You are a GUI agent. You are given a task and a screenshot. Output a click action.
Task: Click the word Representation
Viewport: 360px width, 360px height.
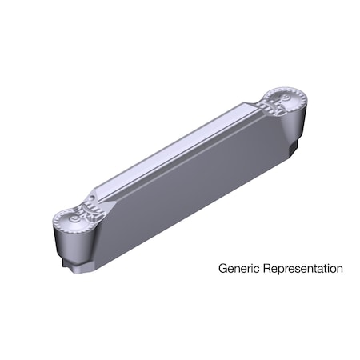(x=301, y=269)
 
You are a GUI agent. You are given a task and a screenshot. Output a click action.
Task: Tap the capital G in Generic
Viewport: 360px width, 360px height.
(x=222, y=269)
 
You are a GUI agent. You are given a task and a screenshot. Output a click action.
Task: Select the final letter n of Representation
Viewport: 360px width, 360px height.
(x=339, y=269)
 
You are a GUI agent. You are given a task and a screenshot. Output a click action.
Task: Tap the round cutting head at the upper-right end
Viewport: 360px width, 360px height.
(x=286, y=102)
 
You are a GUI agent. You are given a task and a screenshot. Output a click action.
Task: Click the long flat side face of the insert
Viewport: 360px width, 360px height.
(x=192, y=184)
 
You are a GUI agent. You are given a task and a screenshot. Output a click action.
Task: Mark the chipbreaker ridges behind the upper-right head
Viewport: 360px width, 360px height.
(x=266, y=107)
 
